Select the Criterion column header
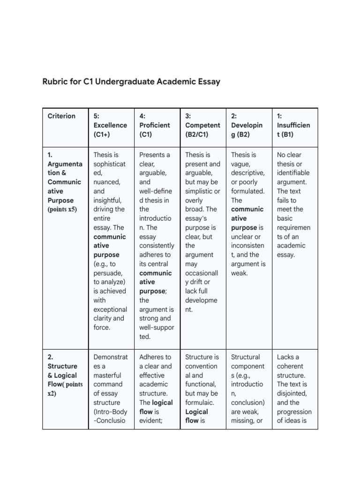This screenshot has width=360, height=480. coord(61,116)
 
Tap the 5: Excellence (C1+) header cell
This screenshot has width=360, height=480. coord(110,125)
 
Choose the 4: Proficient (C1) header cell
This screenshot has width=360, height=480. coord(155,125)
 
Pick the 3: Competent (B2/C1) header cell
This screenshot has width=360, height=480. coord(202,125)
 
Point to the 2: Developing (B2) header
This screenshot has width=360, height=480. coord(247,125)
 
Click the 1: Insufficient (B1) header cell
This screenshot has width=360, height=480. coord(293,125)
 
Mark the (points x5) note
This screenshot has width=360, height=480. coord(62,210)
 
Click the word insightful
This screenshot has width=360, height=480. coord(108,200)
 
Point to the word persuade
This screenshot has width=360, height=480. coord(108,273)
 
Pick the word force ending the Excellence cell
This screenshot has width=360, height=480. coord(102,328)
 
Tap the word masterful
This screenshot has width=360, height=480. coord(108,375)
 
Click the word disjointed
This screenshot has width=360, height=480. coord(293,394)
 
